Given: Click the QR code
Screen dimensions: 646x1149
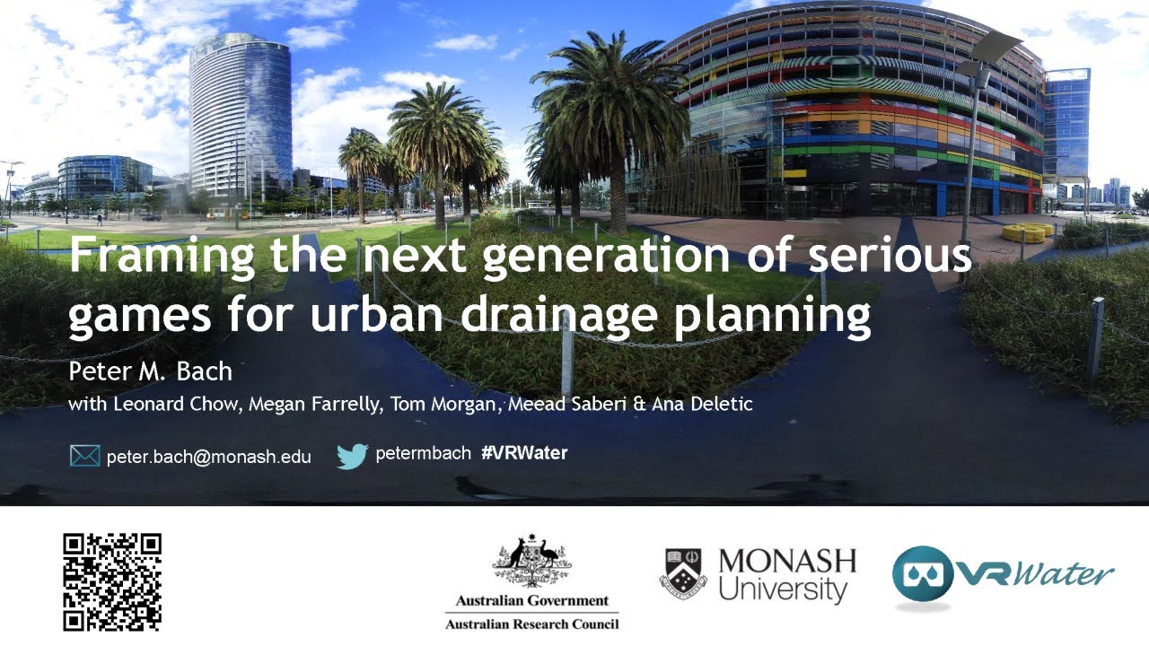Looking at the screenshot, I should (112, 581).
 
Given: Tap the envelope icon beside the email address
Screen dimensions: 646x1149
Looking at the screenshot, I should (84, 456).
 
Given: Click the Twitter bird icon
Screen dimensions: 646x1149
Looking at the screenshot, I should (353, 456).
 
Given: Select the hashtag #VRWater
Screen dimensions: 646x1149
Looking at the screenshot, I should (524, 453).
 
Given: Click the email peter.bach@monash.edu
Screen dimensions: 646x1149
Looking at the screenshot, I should (208, 457).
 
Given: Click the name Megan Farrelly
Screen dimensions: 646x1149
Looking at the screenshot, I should (316, 404).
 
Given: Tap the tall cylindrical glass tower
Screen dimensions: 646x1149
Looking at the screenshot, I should (240, 117).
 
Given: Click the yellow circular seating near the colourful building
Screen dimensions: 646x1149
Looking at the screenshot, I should (1027, 232).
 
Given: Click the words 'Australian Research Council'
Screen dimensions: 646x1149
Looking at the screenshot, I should (531, 624).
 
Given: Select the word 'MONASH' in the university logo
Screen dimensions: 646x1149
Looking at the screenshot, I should (787, 562).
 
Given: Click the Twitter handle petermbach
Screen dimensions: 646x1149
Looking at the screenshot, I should (422, 453).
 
